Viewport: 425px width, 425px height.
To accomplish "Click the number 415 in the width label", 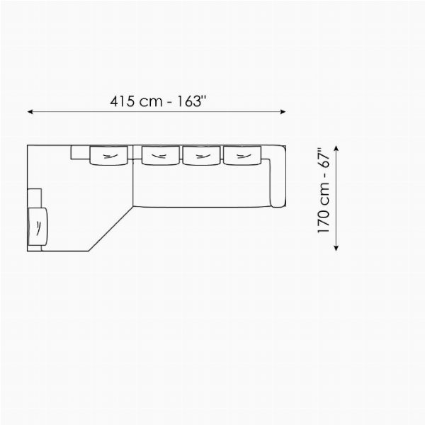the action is pos(122,101).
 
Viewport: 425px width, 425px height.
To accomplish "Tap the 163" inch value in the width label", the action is pos(192,101).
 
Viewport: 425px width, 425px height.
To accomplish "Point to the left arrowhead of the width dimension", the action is pos(30,112).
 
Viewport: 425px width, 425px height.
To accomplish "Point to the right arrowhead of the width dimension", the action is pos(283,112).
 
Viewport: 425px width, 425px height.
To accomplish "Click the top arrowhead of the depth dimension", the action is pos(336,148).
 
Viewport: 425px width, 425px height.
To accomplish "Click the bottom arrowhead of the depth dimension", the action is pos(336,248).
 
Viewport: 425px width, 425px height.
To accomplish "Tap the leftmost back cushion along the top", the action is pos(108,156).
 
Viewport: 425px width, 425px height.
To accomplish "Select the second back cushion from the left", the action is pos(161,155).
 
